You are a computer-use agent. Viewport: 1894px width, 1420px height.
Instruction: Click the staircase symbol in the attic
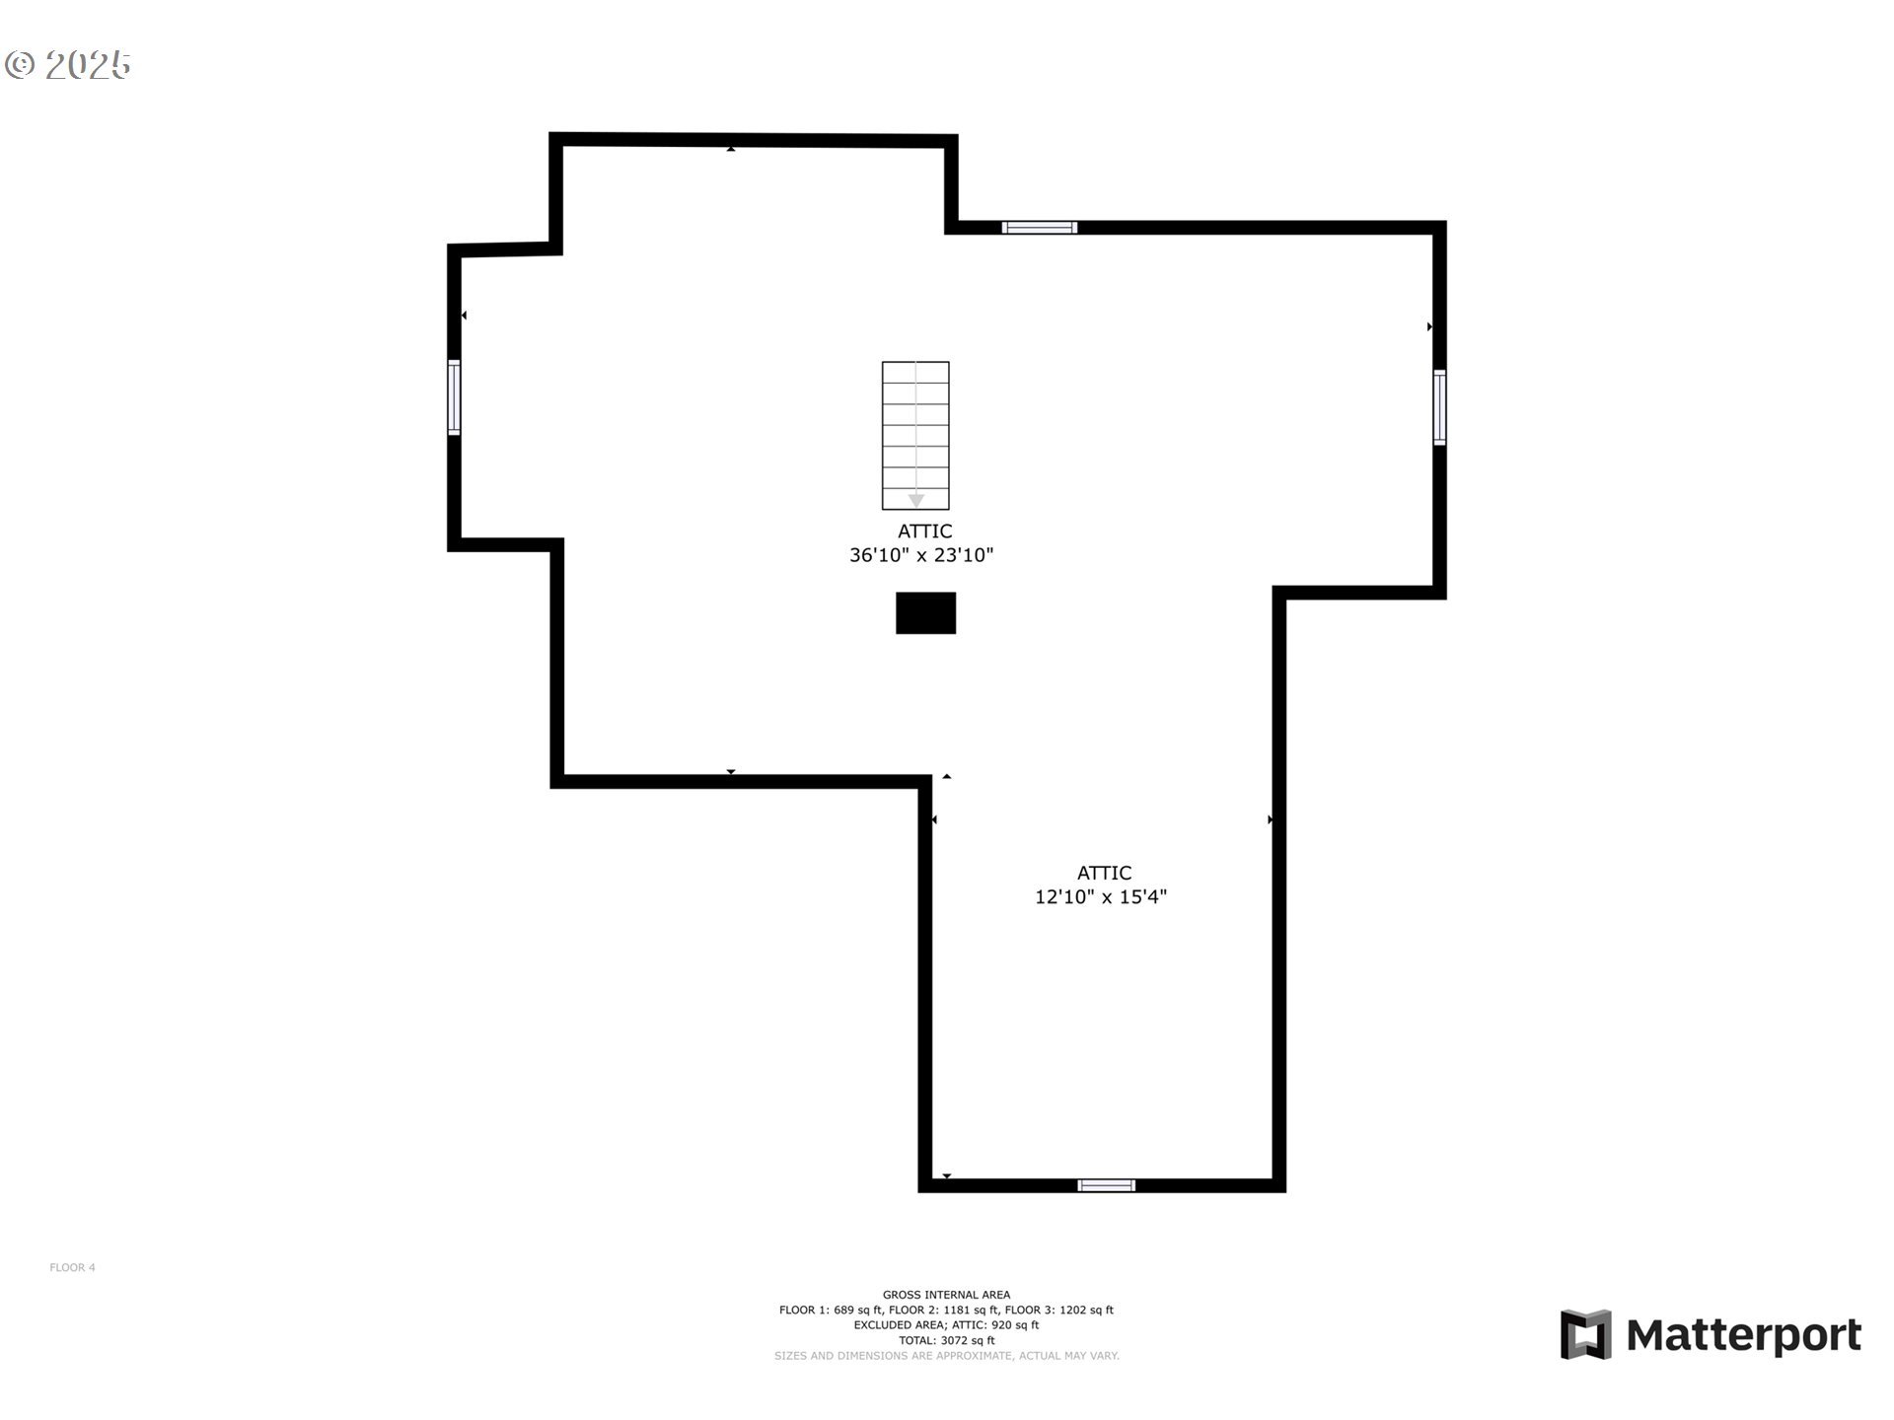(x=915, y=435)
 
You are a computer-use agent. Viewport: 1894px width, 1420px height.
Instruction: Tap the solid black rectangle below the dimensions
(x=925, y=612)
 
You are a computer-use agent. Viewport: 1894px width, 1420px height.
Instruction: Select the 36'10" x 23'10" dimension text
(x=921, y=555)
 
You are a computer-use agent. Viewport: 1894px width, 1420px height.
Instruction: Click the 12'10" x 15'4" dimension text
(x=1101, y=896)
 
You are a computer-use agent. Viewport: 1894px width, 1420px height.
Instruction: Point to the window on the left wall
(x=454, y=397)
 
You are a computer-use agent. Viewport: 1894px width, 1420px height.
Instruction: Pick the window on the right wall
(x=1439, y=407)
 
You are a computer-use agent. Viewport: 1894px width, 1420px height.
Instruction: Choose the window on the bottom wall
(x=1106, y=1185)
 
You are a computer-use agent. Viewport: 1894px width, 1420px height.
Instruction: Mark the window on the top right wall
(x=1040, y=228)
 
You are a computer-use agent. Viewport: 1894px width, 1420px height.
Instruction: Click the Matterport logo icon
(x=1585, y=1334)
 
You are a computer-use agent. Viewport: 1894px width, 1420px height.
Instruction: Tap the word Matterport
(x=1743, y=1335)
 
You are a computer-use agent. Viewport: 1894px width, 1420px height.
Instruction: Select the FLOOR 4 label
(x=72, y=1267)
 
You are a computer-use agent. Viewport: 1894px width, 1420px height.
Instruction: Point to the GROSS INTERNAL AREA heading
(x=946, y=1295)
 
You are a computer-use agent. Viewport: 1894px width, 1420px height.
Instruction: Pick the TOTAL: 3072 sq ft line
(x=946, y=1340)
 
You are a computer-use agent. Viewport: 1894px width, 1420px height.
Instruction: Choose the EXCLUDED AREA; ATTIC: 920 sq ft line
(x=946, y=1325)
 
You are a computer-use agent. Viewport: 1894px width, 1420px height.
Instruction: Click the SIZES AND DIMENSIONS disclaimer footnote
(x=946, y=1356)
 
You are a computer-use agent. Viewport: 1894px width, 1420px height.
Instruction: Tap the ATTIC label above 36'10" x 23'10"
(x=924, y=531)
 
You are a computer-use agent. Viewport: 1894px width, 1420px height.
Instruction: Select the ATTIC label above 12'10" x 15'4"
(x=1104, y=873)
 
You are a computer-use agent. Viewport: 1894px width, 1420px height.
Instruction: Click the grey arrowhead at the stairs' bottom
(x=916, y=501)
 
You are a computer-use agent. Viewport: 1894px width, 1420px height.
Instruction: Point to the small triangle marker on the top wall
(x=731, y=149)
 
